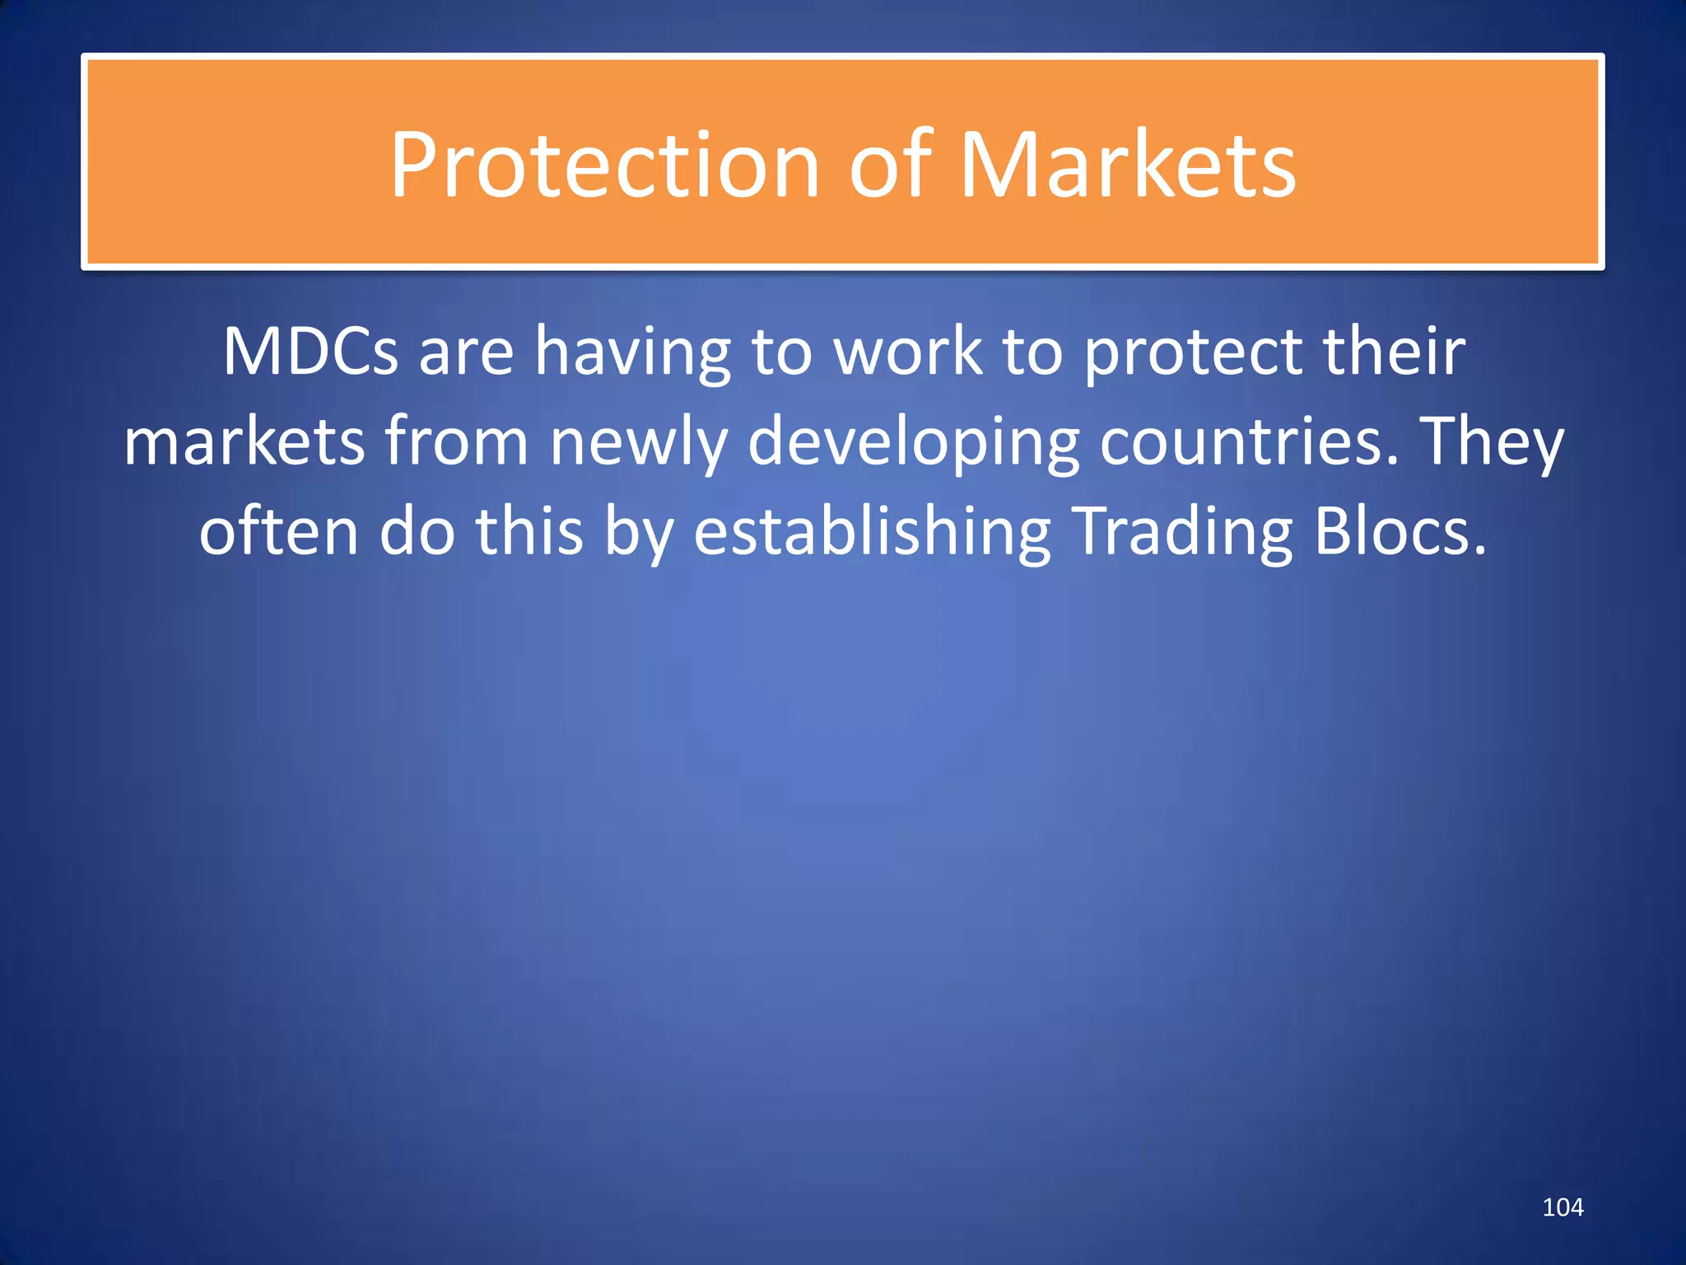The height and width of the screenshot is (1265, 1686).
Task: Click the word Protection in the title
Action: [x=604, y=166]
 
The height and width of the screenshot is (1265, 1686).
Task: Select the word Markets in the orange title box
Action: [x=1128, y=166]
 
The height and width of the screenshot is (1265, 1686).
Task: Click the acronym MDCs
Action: [x=310, y=352]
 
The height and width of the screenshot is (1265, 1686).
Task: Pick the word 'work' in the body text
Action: [x=907, y=352]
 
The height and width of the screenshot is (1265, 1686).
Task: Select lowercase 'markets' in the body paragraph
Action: [x=244, y=442]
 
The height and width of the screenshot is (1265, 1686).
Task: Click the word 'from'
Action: [x=456, y=442]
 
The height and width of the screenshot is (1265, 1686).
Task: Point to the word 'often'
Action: [x=278, y=531]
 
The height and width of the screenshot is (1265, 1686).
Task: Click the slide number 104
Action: [x=1563, y=1207]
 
